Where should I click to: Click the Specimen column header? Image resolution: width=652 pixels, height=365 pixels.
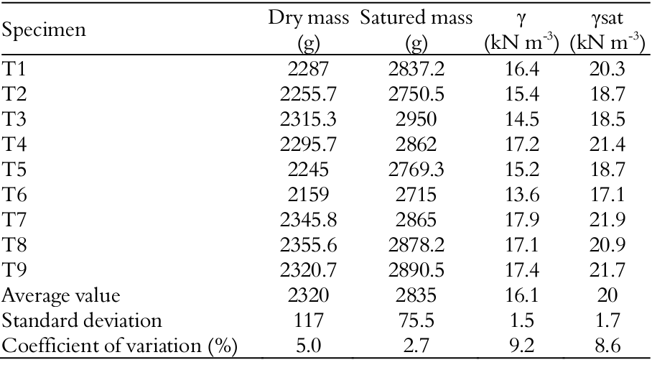coord(44,31)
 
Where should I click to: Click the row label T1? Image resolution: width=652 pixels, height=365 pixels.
coord(14,70)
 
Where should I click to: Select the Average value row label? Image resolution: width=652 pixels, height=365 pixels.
coord(61,295)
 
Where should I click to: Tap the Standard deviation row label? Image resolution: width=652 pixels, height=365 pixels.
coord(82,320)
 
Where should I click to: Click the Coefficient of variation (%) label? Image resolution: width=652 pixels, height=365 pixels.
coord(120,346)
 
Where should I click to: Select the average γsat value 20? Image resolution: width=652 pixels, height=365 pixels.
coord(607,295)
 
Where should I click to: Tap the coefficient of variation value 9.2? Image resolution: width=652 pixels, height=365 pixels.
coord(521,346)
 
